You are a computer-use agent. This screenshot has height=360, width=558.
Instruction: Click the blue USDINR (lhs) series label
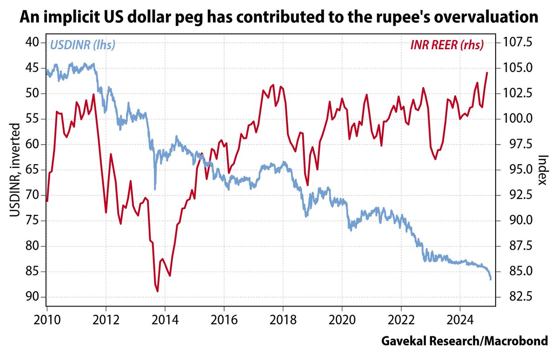pyautogui.click(x=82, y=45)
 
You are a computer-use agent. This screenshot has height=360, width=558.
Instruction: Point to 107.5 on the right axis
pyautogui.click(x=513, y=43)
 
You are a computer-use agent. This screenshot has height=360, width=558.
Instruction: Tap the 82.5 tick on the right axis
pyautogui.click(x=513, y=297)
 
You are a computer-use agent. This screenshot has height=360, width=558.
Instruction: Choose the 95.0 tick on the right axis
pyautogui.click(x=513, y=170)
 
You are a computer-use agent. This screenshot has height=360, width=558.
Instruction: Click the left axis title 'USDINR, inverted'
pyautogui.click(x=15, y=170)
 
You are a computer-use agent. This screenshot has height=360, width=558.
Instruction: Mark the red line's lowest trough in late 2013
pyautogui.click(x=158, y=292)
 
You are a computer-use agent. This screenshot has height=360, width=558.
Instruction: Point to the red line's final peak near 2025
pyautogui.click(x=487, y=73)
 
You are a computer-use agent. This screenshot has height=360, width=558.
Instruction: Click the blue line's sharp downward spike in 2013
pyautogui.click(x=155, y=189)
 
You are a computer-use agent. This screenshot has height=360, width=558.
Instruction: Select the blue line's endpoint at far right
pyautogui.click(x=491, y=280)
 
